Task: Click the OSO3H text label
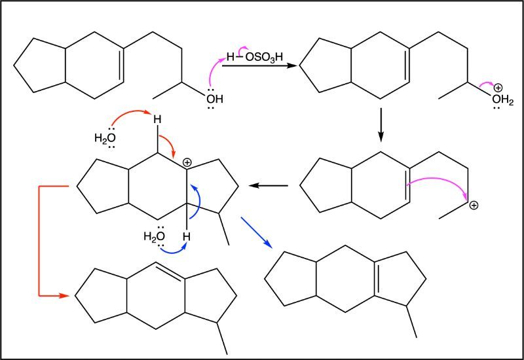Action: tap(264, 57)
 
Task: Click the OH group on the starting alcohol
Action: tap(215, 99)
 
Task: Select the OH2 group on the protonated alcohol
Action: tap(502, 99)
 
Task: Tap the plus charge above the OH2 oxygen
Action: tap(498, 88)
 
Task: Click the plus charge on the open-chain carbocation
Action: tap(474, 206)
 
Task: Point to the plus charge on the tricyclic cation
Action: tap(187, 163)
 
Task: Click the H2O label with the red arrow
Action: tap(105, 137)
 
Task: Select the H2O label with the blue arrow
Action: tap(154, 236)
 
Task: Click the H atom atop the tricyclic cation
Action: tap(157, 119)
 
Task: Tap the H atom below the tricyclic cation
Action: tap(187, 237)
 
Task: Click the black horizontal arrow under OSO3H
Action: tap(259, 66)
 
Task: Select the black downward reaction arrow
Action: tap(381, 124)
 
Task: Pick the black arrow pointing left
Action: tap(269, 185)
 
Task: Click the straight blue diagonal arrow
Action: tap(256, 232)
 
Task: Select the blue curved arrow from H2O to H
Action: tap(173, 252)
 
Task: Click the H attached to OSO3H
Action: tap(231, 57)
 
